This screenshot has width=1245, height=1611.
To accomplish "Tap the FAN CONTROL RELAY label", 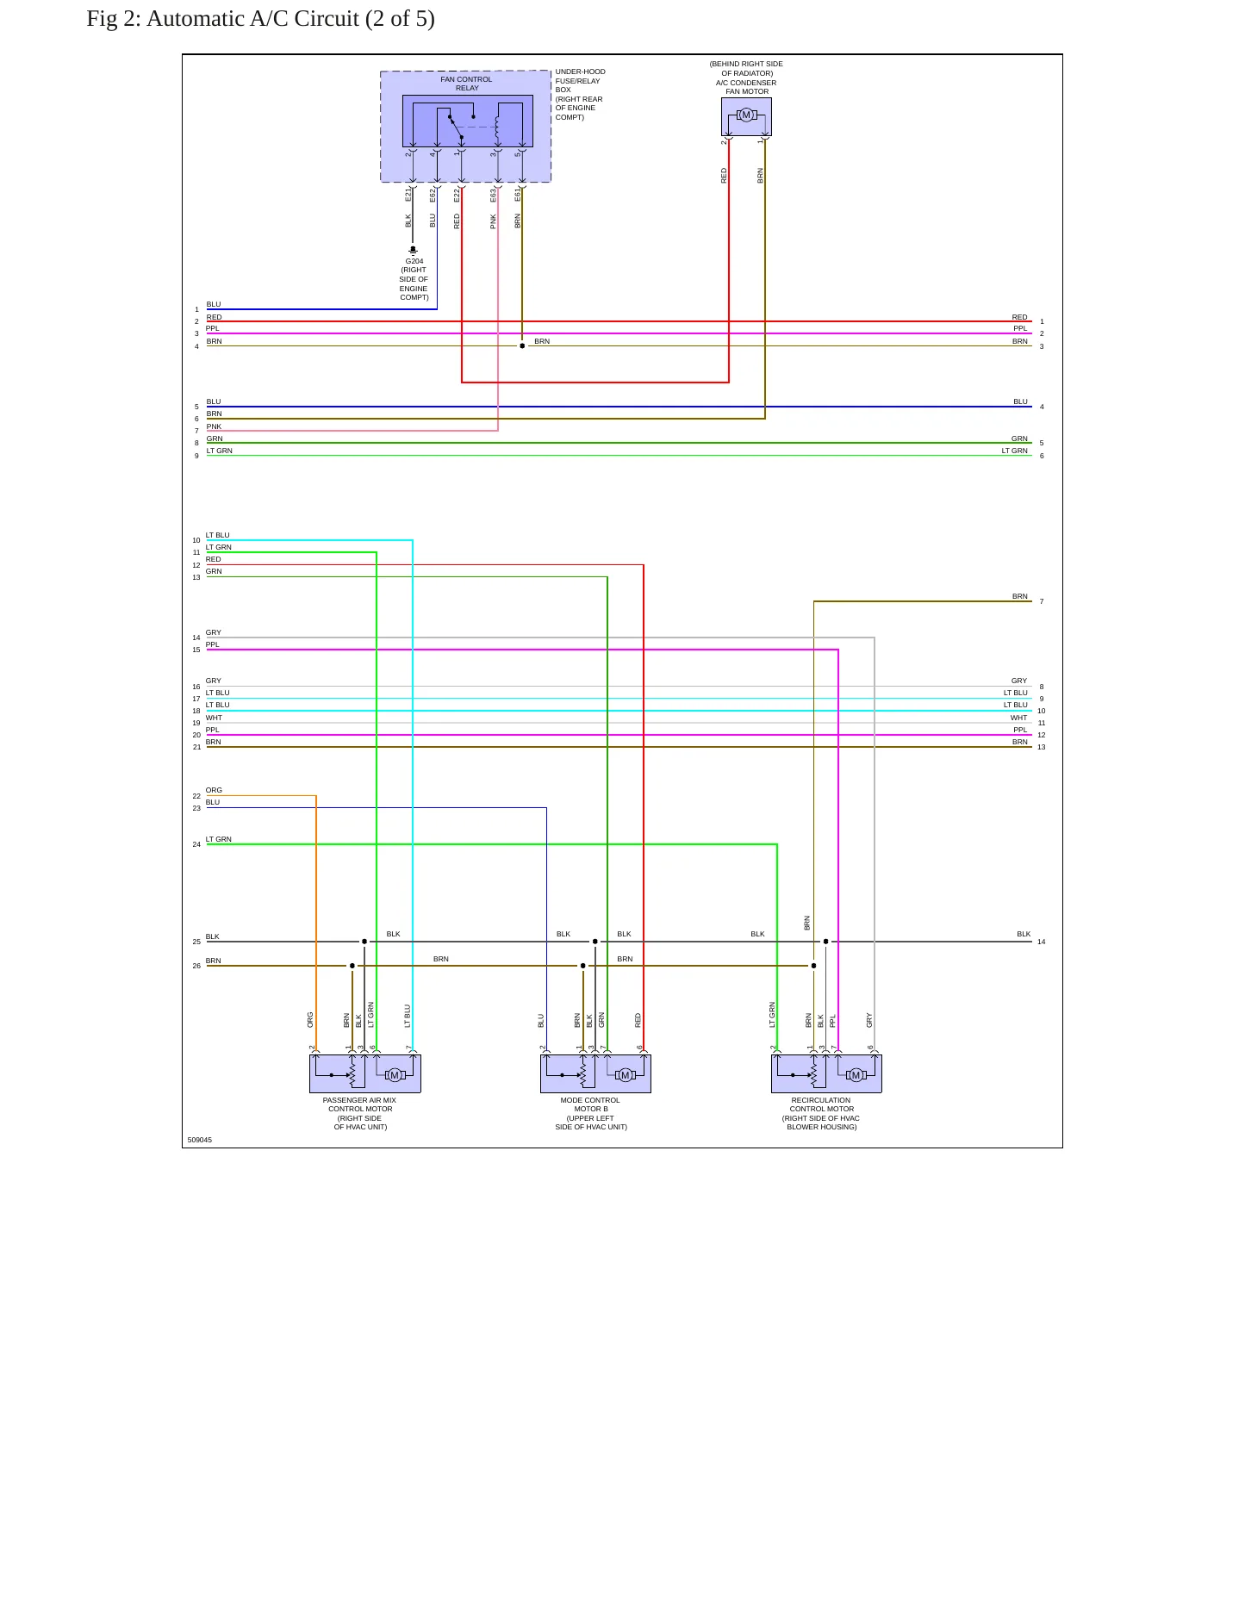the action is (x=466, y=84).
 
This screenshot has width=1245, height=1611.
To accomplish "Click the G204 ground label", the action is (x=414, y=261).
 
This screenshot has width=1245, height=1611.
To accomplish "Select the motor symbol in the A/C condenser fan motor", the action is (x=746, y=115).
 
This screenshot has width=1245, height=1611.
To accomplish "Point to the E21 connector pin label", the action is (x=408, y=196).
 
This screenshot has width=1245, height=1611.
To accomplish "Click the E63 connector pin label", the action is (x=493, y=196).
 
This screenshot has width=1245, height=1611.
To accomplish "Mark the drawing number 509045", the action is (x=200, y=1140).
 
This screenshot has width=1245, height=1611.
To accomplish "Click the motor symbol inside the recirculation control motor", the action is (x=856, y=1074).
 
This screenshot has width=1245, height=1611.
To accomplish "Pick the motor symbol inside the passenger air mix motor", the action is (x=395, y=1074).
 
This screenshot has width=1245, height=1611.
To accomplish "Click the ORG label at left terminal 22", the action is (x=214, y=790).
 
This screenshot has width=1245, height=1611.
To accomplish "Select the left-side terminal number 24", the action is (x=196, y=844).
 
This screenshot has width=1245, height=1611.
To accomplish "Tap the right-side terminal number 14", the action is (x=1042, y=942).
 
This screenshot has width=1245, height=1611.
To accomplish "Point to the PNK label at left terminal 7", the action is (x=214, y=426).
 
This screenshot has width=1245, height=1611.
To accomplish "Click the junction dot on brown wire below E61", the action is (x=522, y=345).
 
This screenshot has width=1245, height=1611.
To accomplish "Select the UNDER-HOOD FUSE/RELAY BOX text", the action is (x=580, y=80).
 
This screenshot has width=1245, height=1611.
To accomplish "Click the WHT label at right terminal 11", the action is (x=1019, y=718).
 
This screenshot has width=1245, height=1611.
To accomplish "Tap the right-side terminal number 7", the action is (x=1042, y=601).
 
